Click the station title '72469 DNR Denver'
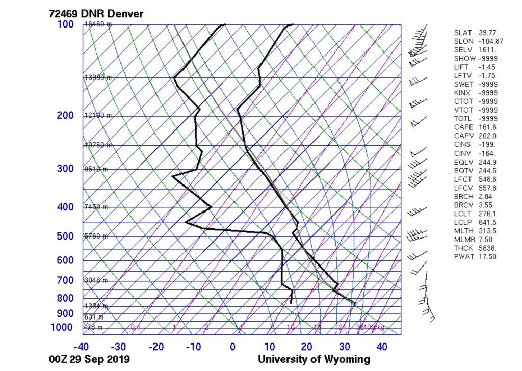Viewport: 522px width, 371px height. tap(96, 13)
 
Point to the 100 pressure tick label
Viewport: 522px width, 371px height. tap(65, 25)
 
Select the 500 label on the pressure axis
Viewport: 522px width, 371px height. tap(65, 236)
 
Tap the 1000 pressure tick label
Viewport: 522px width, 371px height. tap(62, 327)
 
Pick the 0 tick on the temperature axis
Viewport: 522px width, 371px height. tap(232, 347)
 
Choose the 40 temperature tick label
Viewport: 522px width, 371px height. tap(382, 347)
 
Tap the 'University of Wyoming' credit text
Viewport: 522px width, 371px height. tap(314, 359)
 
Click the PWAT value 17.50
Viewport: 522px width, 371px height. tap(488, 257)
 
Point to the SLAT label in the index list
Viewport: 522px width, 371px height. tap(463, 33)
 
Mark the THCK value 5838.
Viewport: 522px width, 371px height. tap(488, 248)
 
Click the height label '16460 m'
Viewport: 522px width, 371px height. tap(97, 24)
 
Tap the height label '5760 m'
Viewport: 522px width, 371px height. tap(96, 236)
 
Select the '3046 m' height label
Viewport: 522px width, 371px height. tap(96, 280)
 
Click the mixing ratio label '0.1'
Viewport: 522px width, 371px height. tap(136, 327)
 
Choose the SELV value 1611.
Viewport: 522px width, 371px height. tap(488, 50)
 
